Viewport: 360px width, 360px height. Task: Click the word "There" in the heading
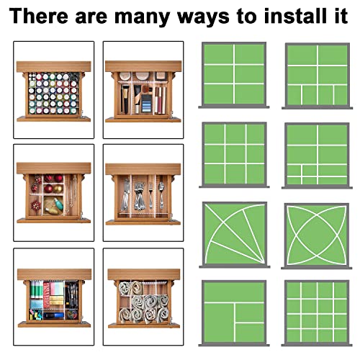click(39, 16)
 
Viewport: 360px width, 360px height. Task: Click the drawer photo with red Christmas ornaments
click(53, 193)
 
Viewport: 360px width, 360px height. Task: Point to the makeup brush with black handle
click(125, 99)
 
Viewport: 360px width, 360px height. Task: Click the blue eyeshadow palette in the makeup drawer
click(146, 104)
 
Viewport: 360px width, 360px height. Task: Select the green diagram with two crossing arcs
click(317, 235)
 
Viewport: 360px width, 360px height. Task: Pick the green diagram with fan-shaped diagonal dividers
click(234, 234)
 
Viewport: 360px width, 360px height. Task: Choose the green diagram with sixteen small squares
click(317, 312)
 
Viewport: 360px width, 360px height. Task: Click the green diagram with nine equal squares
click(234, 155)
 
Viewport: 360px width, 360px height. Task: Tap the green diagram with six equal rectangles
click(234, 74)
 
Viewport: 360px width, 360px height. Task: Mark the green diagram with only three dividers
click(234, 312)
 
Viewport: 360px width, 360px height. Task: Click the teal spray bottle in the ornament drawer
click(58, 204)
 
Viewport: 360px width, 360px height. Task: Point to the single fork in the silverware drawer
click(150, 195)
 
